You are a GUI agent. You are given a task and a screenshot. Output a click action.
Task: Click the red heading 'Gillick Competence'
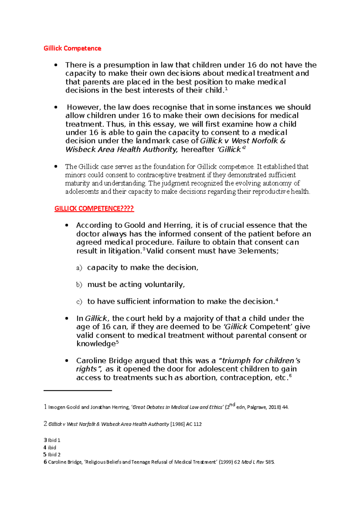[72, 48]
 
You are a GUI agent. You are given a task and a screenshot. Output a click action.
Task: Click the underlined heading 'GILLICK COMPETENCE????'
[94, 208]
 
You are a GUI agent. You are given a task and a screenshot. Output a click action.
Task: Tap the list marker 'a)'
[79, 268]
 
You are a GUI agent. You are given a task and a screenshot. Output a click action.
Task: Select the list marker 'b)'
[79, 285]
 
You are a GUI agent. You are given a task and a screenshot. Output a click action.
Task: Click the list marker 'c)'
[79, 302]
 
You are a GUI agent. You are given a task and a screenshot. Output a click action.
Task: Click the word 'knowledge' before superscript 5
[96, 344]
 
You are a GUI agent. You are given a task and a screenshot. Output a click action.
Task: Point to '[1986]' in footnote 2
[178, 424]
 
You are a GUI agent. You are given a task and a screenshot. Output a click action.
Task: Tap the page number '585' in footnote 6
[270, 462]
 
